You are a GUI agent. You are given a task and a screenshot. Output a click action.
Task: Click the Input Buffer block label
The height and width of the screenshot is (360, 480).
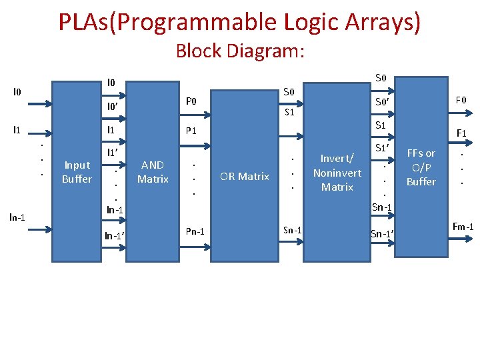pyautogui.click(x=77, y=172)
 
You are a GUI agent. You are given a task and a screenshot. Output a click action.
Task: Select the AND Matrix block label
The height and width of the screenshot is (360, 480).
pyautogui.click(x=153, y=172)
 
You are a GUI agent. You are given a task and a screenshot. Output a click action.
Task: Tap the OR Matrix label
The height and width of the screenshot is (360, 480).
pyautogui.click(x=245, y=176)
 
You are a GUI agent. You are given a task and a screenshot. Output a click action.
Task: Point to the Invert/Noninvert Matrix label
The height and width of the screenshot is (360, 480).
pyautogui.click(x=337, y=173)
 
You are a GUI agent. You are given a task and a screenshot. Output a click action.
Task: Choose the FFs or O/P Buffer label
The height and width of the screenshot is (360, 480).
pyautogui.click(x=421, y=167)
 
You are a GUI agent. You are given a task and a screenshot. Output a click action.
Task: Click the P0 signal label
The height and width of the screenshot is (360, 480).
pyautogui.click(x=191, y=101)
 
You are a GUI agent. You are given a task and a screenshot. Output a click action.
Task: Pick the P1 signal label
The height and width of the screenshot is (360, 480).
pyautogui.click(x=191, y=130)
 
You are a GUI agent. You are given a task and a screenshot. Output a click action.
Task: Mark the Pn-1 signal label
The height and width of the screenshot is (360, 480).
pyautogui.click(x=195, y=231)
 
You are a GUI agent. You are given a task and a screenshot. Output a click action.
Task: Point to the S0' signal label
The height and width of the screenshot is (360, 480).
pyautogui.click(x=383, y=102)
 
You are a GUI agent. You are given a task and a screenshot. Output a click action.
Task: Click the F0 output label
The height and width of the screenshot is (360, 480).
pyautogui.click(x=461, y=101)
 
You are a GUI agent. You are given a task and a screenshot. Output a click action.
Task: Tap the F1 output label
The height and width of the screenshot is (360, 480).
pyautogui.click(x=461, y=133)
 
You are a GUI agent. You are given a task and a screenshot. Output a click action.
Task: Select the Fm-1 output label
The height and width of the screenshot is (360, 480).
pyautogui.click(x=463, y=227)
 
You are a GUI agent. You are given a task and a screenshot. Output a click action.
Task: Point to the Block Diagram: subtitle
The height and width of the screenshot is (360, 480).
pyautogui.click(x=240, y=51)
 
